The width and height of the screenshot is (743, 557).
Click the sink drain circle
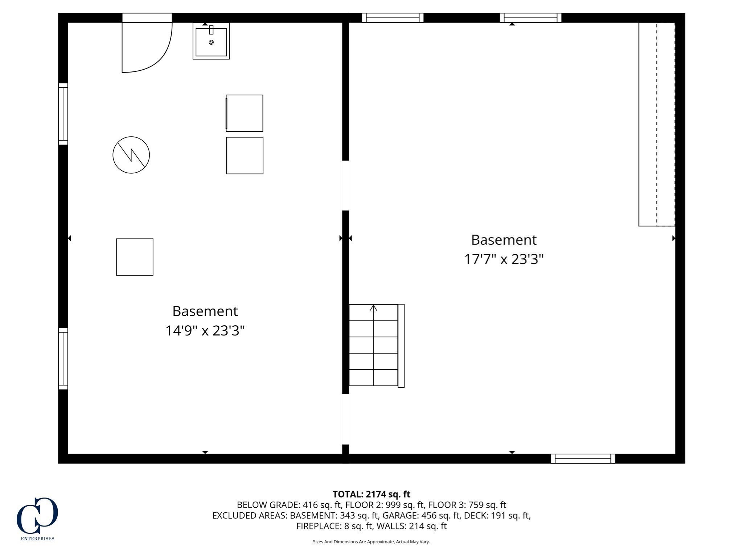click(x=211, y=42)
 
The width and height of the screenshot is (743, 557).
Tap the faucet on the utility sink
click(x=211, y=30)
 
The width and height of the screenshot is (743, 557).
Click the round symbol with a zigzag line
click(x=131, y=155)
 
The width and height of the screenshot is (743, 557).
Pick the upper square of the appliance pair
click(x=245, y=113)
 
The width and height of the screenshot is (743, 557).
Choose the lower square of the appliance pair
click(x=245, y=156)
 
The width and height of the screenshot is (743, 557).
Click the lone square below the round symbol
click(x=135, y=257)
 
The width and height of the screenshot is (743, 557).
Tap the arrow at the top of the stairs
click(x=373, y=309)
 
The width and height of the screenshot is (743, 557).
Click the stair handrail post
click(x=401, y=346)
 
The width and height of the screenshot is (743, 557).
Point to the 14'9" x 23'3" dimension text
click(x=205, y=331)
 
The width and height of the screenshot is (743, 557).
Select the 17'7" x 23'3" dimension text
click(x=504, y=259)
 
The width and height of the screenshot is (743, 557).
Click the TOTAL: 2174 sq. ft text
click(x=371, y=494)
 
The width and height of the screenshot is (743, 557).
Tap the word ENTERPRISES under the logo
click(x=37, y=539)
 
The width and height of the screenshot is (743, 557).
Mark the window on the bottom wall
click(x=583, y=459)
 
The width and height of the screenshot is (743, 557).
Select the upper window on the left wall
click(x=63, y=114)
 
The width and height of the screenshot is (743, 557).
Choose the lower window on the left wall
click(x=63, y=359)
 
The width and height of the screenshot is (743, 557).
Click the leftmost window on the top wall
click(x=393, y=18)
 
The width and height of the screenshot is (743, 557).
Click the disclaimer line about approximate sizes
click(x=371, y=542)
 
